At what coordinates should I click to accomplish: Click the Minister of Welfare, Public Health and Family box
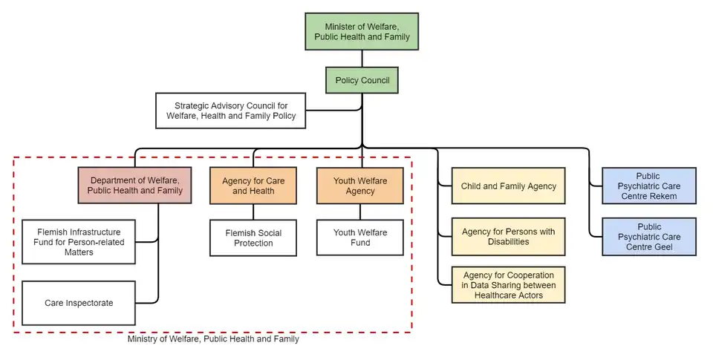[362, 32]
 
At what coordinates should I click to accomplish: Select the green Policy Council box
[362, 80]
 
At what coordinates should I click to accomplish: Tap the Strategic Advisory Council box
[230, 111]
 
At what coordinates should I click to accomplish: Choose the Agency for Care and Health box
[253, 186]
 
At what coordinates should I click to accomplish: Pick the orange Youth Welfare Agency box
[360, 186]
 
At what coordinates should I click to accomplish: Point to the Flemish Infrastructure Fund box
[79, 242]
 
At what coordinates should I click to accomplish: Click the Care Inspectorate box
[79, 303]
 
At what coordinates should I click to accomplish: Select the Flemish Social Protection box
[253, 238]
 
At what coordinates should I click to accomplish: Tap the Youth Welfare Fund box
[360, 238]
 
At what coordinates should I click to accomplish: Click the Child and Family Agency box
[508, 186]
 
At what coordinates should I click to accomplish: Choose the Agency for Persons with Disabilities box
[508, 237]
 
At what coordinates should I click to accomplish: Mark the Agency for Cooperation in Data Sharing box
[508, 285]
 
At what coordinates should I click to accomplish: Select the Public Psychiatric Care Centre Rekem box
[648, 186]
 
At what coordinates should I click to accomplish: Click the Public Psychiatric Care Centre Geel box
[648, 237]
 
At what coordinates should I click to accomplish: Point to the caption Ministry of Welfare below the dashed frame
[213, 339]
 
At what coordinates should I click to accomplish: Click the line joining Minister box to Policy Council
[362, 58]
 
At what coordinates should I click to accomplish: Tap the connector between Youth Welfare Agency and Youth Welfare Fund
[360, 212]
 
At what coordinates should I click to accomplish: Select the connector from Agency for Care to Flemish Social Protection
[253, 212]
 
